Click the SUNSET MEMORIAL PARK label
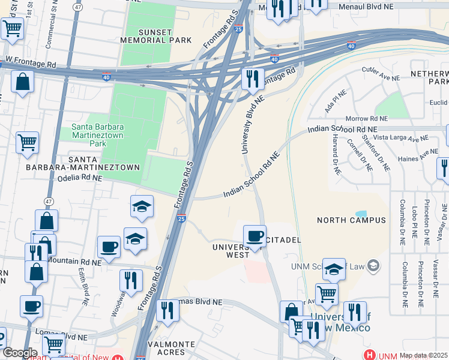point(155,36)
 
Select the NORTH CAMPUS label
point(351,220)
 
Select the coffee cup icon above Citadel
point(255,235)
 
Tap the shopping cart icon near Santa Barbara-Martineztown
point(27,143)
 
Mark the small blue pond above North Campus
point(361,214)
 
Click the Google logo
point(19,353)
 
